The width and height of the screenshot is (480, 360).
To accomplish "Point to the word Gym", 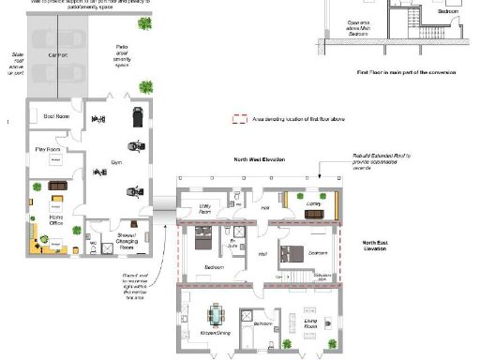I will pyautogui.click(x=117, y=163).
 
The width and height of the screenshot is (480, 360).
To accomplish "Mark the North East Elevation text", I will pyautogui.click(x=374, y=246).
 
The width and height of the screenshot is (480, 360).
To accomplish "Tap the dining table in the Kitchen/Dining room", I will pyautogui.click(x=217, y=313).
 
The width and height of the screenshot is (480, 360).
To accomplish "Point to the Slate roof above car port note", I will pyautogui.click(x=16, y=64).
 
